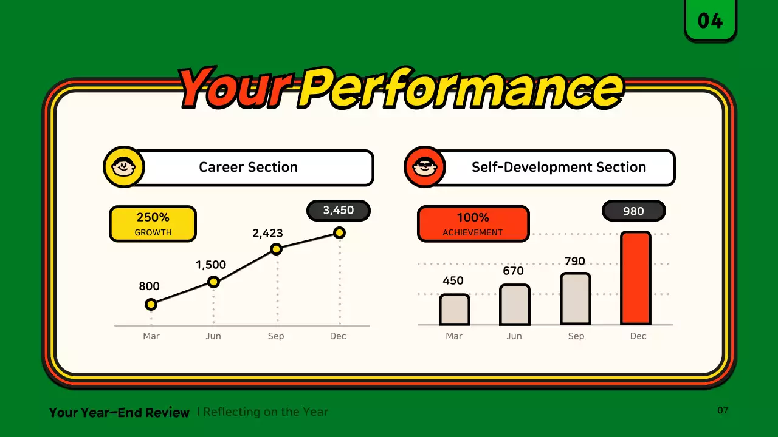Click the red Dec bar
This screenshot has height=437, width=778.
(636, 278)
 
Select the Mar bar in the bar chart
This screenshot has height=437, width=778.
(454, 310)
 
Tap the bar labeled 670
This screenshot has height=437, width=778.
(515, 305)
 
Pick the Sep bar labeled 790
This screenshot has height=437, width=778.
(576, 299)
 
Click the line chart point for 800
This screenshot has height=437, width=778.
(151, 305)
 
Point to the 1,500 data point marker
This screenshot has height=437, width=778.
(213, 282)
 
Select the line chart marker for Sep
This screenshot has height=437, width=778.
(276, 249)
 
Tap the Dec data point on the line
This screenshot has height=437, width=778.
(339, 232)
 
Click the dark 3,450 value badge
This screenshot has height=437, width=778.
(339, 211)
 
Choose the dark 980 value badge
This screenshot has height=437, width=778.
(633, 211)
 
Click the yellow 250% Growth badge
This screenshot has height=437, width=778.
(153, 224)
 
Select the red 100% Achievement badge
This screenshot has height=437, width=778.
(473, 224)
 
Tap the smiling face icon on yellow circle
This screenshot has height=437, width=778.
(123, 167)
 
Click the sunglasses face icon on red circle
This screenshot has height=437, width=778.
(424, 167)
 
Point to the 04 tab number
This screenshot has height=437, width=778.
(711, 21)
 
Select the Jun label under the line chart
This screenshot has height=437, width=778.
(213, 336)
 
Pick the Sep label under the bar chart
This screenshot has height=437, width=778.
(576, 336)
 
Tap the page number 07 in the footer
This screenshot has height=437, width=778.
(723, 410)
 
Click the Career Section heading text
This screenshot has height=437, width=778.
(249, 167)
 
